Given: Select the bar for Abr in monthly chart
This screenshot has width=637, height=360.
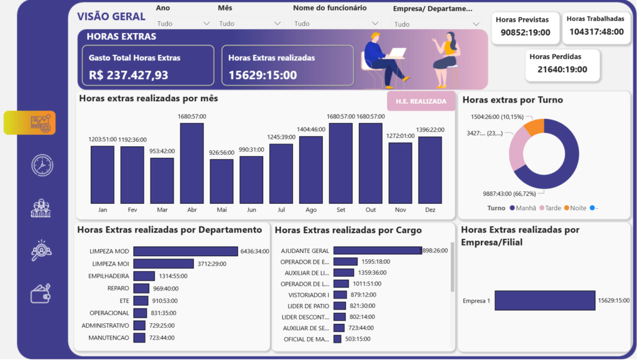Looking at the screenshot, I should (192, 163).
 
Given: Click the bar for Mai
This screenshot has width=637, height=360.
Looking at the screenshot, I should (221, 181).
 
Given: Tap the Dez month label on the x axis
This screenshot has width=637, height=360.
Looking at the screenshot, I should (430, 210).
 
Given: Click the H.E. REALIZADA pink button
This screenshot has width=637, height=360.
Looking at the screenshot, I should (421, 101).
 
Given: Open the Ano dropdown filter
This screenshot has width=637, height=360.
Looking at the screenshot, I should (184, 24).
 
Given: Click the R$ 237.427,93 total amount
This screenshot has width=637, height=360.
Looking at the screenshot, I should (128, 75).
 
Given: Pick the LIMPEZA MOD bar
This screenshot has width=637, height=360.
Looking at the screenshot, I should (185, 251).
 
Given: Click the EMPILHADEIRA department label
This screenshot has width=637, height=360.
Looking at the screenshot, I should (109, 276).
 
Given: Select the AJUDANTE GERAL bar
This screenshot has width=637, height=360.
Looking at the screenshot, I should (377, 251).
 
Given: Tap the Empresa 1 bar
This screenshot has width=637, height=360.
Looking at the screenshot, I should (544, 300).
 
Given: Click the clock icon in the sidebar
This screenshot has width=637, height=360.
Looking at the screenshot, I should (42, 165).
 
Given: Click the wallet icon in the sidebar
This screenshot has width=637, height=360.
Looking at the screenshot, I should (40, 293).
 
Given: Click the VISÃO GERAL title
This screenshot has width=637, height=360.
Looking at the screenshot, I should (111, 17).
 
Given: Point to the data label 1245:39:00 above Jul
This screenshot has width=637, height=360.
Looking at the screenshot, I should (281, 137).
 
